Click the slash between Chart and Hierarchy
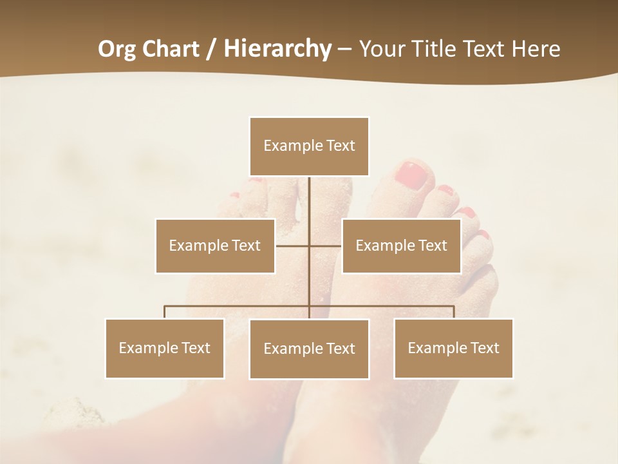click(x=211, y=49)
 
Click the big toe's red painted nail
click(x=411, y=175)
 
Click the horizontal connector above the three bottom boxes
click(x=238, y=306)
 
